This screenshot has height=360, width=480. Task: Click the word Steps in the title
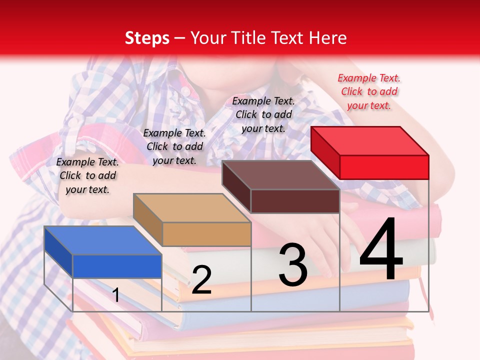(x=147, y=38)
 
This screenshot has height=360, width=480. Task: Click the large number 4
(x=381, y=249)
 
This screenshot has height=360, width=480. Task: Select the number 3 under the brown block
(x=293, y=265)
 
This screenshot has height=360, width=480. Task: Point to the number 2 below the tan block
(x=201, y=280)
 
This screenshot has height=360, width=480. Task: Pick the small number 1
(x=115, y=295)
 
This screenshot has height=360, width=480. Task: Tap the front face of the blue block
(x=117, y=266)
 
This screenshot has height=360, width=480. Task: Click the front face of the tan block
(x=206, y=234)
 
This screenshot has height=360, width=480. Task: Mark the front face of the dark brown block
(x=295, y=201)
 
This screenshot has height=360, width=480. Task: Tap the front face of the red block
(x=384, y=167)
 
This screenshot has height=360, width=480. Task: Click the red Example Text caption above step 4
(x=369, y=91)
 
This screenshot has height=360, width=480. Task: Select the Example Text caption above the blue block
(x=87, y=175)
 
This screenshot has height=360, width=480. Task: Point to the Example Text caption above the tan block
(x=174, y=146)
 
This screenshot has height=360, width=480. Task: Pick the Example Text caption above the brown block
(x=263, y=114)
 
